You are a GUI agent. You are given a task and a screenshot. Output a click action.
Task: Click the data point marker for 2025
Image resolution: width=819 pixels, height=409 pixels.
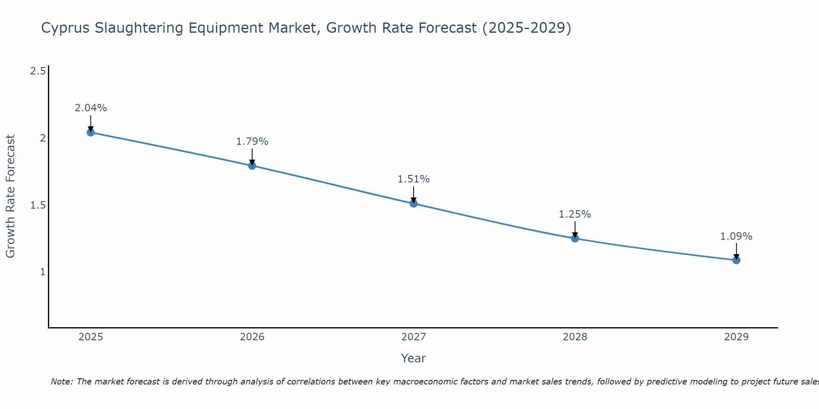tap(90, 133)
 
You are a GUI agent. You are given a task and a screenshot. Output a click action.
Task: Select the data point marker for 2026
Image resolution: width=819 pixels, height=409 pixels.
tap(252, 166)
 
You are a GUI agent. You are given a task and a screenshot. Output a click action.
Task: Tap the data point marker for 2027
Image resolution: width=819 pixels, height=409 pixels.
tap(414, 203)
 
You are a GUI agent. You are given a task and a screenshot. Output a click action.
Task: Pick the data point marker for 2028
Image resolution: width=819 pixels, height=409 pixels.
tap(575, 238)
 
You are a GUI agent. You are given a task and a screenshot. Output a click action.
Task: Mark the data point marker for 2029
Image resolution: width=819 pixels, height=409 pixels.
tap(736, 260)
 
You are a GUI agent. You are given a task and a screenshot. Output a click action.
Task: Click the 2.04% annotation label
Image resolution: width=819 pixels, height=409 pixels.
tap(90, 108)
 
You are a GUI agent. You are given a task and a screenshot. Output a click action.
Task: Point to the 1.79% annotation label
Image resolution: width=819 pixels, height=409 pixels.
tap(252, 142)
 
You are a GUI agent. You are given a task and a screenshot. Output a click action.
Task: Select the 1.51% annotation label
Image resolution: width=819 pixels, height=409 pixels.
tap(414, 179)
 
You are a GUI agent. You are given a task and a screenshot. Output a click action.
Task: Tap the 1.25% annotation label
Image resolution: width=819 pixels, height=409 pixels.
tap(575, 214)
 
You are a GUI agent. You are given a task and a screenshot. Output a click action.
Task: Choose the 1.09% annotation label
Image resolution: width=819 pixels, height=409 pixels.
tap(736, 236)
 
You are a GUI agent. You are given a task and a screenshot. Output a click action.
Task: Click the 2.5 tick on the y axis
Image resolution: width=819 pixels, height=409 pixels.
tap(38, 72)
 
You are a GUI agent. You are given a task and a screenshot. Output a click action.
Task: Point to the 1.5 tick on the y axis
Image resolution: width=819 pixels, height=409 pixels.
tap(38, 205)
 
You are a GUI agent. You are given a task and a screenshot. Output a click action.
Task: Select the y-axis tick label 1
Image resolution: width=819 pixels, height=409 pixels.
tap(43, 272)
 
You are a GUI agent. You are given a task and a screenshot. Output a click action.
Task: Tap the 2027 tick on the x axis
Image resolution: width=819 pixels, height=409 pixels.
tap(414, 337)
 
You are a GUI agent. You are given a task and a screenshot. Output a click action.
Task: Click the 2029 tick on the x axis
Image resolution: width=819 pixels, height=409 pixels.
tap(736, 337)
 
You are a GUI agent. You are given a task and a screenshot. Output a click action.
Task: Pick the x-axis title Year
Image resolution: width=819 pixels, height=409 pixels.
tap(414, 358)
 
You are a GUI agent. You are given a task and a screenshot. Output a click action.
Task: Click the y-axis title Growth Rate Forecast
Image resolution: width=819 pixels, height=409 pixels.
tap(11, 196)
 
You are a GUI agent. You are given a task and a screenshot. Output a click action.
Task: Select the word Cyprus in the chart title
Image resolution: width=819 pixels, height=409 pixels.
tap(66, 28)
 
